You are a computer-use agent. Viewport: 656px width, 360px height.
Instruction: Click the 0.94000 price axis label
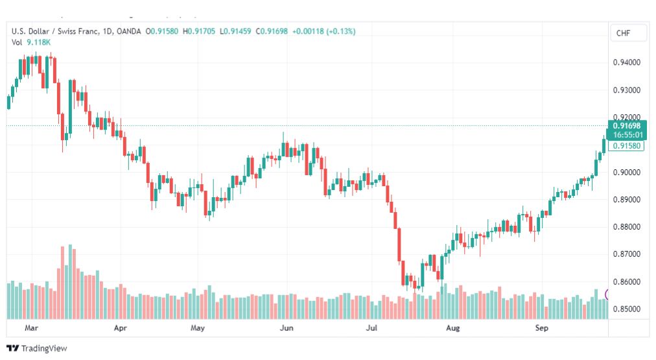[626, 62]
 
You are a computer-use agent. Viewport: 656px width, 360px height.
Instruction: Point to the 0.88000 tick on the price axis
[626, 227]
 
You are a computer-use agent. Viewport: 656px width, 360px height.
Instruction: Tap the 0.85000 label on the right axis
[626, 309]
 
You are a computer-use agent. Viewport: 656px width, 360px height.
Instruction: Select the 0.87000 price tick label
[626, 254]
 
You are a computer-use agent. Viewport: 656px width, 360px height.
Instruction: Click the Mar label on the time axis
[31, 328]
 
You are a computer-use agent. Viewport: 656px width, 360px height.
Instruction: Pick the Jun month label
[287, 328]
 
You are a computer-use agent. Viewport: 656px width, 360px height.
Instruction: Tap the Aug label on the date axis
[452, 328]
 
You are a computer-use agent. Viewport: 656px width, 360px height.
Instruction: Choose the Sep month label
[541, 328]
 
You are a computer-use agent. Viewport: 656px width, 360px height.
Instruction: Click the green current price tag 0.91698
[627, 126]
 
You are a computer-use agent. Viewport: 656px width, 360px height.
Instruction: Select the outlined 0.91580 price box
[626, 146]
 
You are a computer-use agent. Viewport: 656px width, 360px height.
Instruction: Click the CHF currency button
[623, 33]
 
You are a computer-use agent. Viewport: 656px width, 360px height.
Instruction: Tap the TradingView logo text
[44, 348]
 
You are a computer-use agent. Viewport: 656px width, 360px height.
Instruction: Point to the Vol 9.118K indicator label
[31, 42]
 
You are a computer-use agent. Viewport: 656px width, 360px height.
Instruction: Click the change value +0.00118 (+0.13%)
[324, 31]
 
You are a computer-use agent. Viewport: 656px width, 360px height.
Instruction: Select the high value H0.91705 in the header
[199, 31]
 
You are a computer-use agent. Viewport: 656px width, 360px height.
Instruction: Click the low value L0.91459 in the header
[235, 31]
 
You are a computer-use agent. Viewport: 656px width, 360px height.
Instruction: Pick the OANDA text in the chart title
[129, 31]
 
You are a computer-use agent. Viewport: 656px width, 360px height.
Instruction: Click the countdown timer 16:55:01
[627, 135]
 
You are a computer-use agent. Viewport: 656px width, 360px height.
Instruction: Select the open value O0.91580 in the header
[162, 31]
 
